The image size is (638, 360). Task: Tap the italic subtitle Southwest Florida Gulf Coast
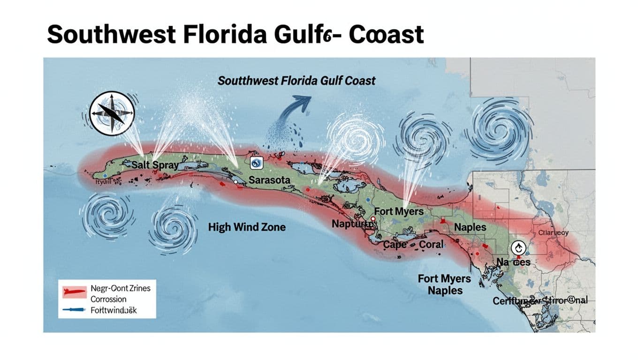[296, 81]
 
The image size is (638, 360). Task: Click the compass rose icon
[112, 114]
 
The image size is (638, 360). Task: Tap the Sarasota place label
[269, 180]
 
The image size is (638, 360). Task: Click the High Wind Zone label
[246, 227]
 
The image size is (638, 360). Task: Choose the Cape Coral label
[412, 245]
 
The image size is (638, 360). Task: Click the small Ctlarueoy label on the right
[553, 232]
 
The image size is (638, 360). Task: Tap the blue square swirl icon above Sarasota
[257, 163]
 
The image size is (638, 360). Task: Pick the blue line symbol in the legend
[74, 310]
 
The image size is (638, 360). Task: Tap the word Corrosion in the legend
[108, 299]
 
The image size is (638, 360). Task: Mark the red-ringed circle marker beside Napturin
[372, 219]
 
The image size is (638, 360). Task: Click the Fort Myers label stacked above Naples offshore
[444, 279]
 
